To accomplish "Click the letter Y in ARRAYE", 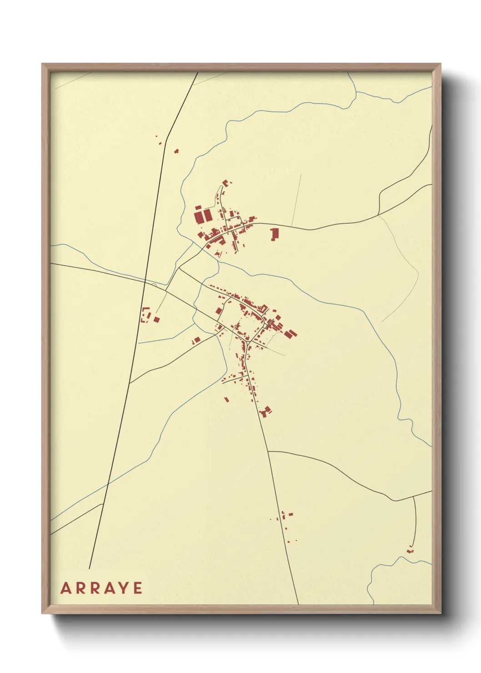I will point(124,588).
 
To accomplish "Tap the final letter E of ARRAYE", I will point(138,588).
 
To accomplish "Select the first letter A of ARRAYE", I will point(65,588).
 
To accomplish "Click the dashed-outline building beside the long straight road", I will point(146,315).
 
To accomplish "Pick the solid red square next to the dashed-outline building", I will point(156,319).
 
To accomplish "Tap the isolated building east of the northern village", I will point(274,234).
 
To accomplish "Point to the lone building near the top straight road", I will point(176,151).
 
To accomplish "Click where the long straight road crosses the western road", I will point(145,282).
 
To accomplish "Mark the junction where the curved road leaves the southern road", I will point(269,452).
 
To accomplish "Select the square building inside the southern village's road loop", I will point(219,311).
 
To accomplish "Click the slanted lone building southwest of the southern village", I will point(226,400).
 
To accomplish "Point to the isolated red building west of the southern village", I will point(196,340).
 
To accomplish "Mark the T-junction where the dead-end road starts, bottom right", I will point(414,497).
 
